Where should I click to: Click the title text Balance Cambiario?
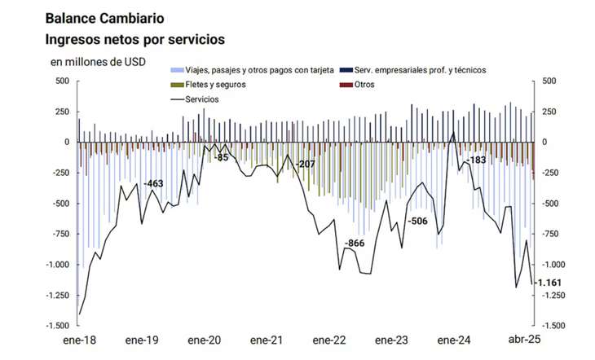(104, 17)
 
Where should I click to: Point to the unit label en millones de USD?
(98, 62)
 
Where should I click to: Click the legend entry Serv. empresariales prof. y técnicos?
(424, 70)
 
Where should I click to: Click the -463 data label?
(154, 185)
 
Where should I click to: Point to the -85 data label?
(222, 157)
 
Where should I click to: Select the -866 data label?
(355, 244)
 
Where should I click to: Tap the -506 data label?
(417, 222)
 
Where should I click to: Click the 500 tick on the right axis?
(548, 81)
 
